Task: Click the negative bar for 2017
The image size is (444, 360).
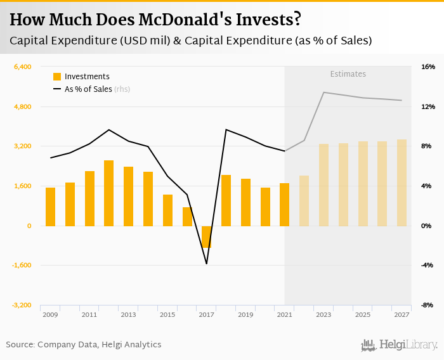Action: (x=207, y=236)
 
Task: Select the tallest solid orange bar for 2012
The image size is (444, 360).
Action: (x=109, y=193)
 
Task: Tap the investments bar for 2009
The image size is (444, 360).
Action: (x=50, y=207)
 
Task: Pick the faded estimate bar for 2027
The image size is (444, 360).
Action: (x=402, y=183)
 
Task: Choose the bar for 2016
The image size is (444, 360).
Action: (x=187, y=216)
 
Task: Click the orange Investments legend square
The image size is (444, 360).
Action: (x=57, y=77)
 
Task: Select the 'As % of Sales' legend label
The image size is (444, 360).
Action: (x=88, y=89)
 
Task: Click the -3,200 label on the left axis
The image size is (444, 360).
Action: (x=22, y=305)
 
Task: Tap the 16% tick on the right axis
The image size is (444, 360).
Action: (x=427, y=67)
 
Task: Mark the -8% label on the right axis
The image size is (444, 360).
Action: (x=427, y=305)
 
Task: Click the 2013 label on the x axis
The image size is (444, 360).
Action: (x=128, y=314)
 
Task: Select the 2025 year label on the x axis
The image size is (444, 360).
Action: (x=363, y=314)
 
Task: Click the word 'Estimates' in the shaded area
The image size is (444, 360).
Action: (x=348, y=74)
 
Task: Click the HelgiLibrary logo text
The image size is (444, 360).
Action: (x=408, y=345)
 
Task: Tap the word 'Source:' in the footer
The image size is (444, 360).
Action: (x=20, y=345)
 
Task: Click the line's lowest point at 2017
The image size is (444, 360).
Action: (x=207, y=264)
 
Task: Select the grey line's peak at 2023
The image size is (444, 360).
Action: (x=323, y=93)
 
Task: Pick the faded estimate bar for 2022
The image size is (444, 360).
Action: (x=304, y=200)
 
